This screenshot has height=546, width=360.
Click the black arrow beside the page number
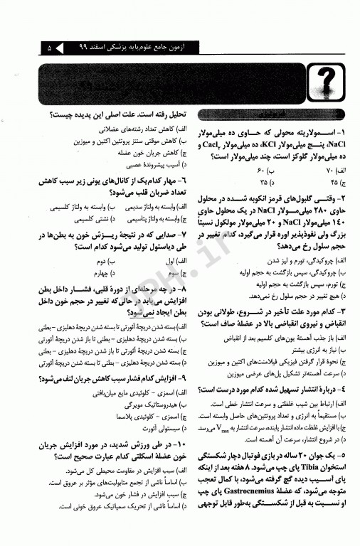pos(60,48)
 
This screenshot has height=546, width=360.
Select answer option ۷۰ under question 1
pos(337,171)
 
